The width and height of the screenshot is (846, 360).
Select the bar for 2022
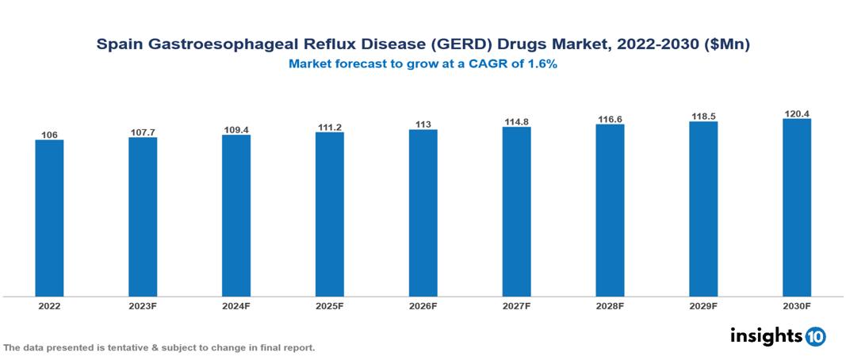tap(49, 218)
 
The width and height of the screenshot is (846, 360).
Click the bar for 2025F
tap(330, 214)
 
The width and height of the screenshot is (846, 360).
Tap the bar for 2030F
tap(797, 208)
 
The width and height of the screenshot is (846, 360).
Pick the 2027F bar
tap(516, 212)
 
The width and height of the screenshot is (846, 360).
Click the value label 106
tap(49, 135)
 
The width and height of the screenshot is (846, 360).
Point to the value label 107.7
tap(143, 132)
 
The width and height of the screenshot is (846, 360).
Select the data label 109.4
tap(236, 129)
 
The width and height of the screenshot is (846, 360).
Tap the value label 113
tap(423, 124)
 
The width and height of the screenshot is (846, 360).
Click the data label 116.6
tap(610, 118)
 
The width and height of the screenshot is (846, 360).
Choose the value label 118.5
tap(703, 116)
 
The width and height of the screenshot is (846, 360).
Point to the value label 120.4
tap(797, 113)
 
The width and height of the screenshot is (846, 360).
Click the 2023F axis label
tap(143, 305)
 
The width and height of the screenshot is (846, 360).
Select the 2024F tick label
tap(236, 305)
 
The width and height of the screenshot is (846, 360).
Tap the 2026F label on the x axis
tap(423, 305)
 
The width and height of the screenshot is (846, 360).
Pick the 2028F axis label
tap(610, 305)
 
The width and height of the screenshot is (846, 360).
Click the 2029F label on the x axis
tap(703, 305)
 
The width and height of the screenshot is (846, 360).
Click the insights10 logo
tap(778, 336)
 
